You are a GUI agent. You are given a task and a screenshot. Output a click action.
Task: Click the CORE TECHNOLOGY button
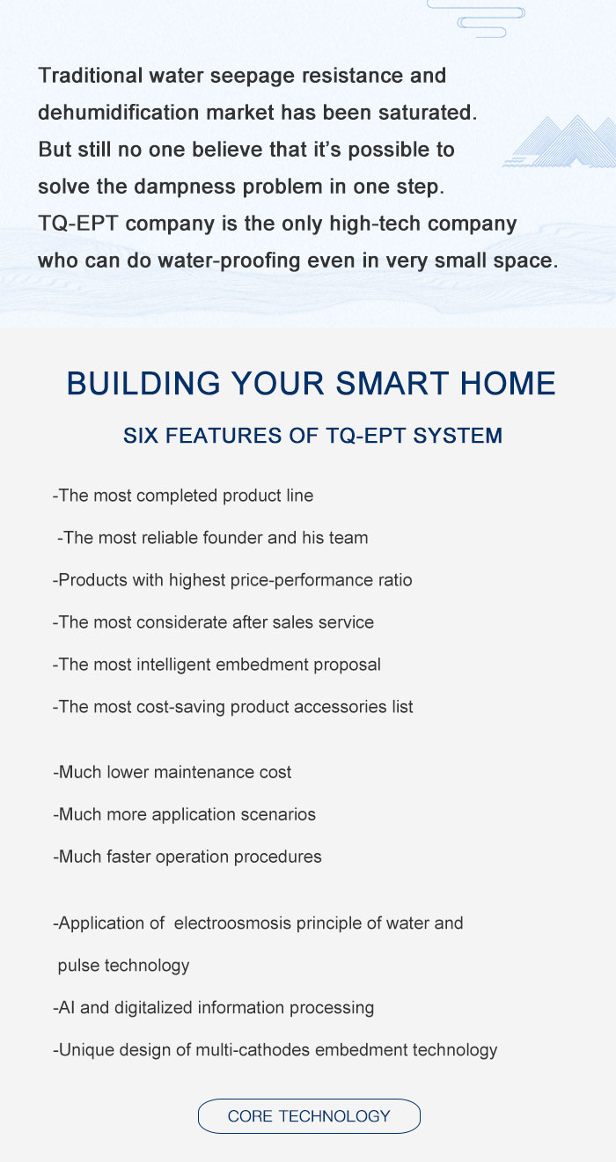coord(309,1116)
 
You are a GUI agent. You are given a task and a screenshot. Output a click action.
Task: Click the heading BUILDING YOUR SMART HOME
coord(312,383)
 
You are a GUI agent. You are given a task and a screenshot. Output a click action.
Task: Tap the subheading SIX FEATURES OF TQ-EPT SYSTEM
coord(312,436)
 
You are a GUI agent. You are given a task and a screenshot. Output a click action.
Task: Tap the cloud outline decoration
coord(476,18)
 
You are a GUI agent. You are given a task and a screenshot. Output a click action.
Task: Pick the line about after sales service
coord(213,622)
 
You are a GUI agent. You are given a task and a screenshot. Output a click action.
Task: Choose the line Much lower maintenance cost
coord(172,772)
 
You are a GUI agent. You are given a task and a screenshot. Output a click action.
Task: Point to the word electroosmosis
coord(233,923)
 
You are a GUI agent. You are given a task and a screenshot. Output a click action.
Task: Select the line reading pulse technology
coord(123,966)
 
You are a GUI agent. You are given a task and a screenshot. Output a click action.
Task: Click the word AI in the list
coord(67,1007)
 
